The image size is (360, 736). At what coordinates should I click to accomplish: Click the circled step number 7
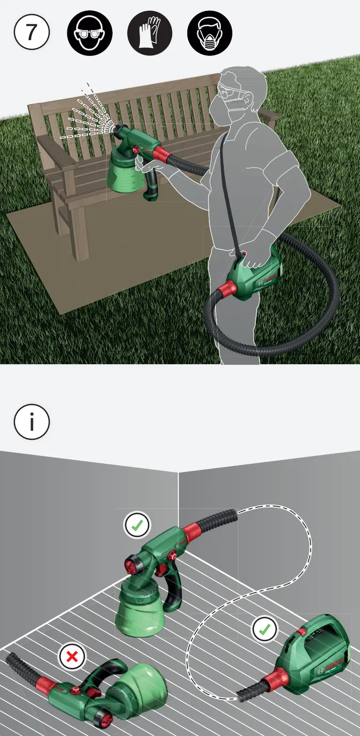[31, 32]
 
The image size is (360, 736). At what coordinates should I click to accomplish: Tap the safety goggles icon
[90, 33]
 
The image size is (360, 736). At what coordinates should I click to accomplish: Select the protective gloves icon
[150, 33]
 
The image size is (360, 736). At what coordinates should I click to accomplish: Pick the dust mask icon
[210, 33]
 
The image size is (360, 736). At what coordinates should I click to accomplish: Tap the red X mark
[72, 656]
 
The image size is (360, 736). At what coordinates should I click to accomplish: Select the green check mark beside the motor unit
[265, 629]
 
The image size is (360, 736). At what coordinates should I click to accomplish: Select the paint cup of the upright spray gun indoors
[140, 610]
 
